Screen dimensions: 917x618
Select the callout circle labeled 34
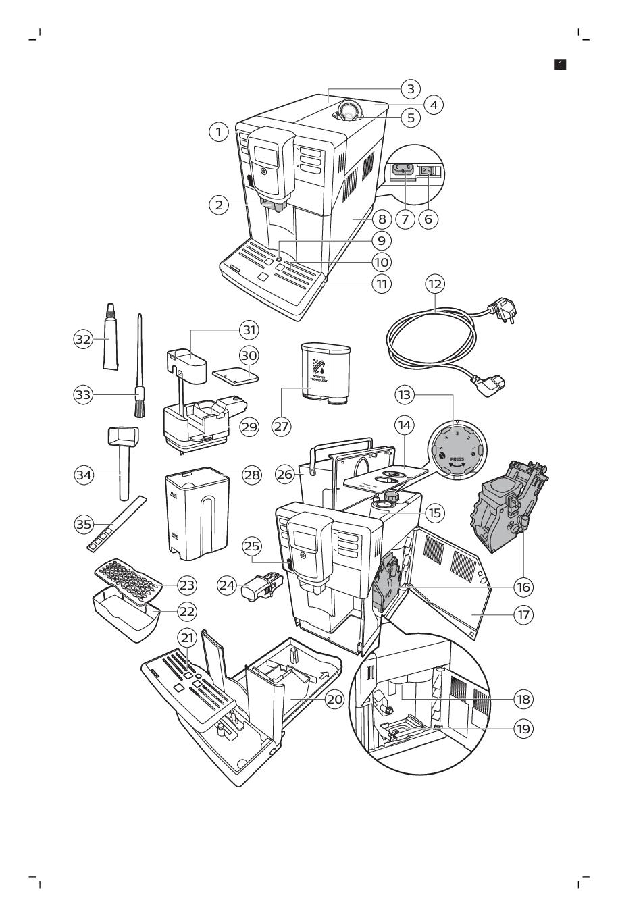point(83,475)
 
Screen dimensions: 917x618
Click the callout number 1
point(218,133)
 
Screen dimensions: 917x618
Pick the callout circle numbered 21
point(187,637)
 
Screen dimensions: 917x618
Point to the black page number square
point(560,65)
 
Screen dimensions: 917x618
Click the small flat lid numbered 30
point(236,374)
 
